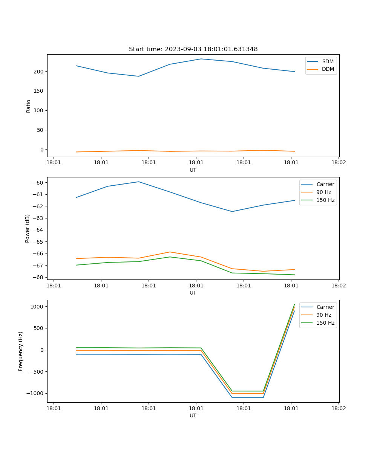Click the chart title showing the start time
point(193,49)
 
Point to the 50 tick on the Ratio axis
point(41,130)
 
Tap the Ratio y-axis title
point(29,106)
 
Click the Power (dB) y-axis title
point(28,228)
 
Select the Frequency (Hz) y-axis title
point(21,351)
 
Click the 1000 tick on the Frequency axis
point(38,307)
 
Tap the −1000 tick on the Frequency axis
point(36,393)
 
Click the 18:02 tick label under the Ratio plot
point(338,163)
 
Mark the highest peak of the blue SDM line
point(201,59)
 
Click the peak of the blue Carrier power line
point(138,182)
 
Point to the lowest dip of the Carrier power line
point(232,211)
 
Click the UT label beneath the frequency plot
point(193,415)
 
